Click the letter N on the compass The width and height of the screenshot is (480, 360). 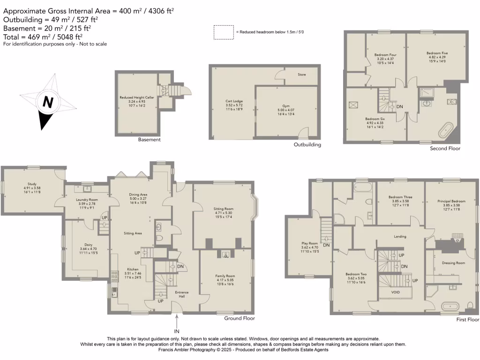click(47, 102)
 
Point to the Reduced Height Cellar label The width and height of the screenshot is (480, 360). click(137, 97)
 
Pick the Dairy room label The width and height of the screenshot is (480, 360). click(89, 244)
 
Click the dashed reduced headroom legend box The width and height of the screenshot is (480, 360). click(224, 32)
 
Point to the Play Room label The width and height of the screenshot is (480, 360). click(310, 243)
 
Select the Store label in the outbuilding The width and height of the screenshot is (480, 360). click(302, 74)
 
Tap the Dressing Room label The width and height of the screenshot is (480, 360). click(453, 263)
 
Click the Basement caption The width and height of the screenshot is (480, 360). click(149, 140)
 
